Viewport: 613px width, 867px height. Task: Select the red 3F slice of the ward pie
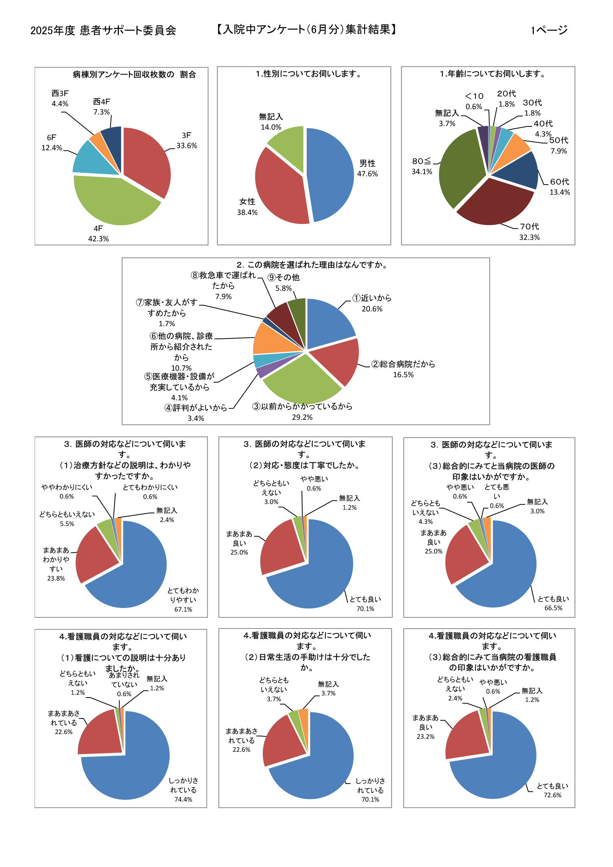tap(149, 159)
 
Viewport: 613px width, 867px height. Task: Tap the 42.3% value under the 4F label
tap(98, 239)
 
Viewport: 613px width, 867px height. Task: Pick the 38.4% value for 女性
tap(247, 212)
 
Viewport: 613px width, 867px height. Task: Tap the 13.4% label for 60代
tap(560, 192)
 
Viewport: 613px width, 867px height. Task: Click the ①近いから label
tap(372, 298)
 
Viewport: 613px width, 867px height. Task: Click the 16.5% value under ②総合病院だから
tap(403, 375)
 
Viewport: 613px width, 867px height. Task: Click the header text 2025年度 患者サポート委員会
tap(103, 30)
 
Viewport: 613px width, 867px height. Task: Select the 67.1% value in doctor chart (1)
tap(183, 609)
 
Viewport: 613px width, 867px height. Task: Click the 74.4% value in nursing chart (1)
tap(183, 799)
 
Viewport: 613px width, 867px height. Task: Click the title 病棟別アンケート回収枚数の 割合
tap(134, 74)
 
